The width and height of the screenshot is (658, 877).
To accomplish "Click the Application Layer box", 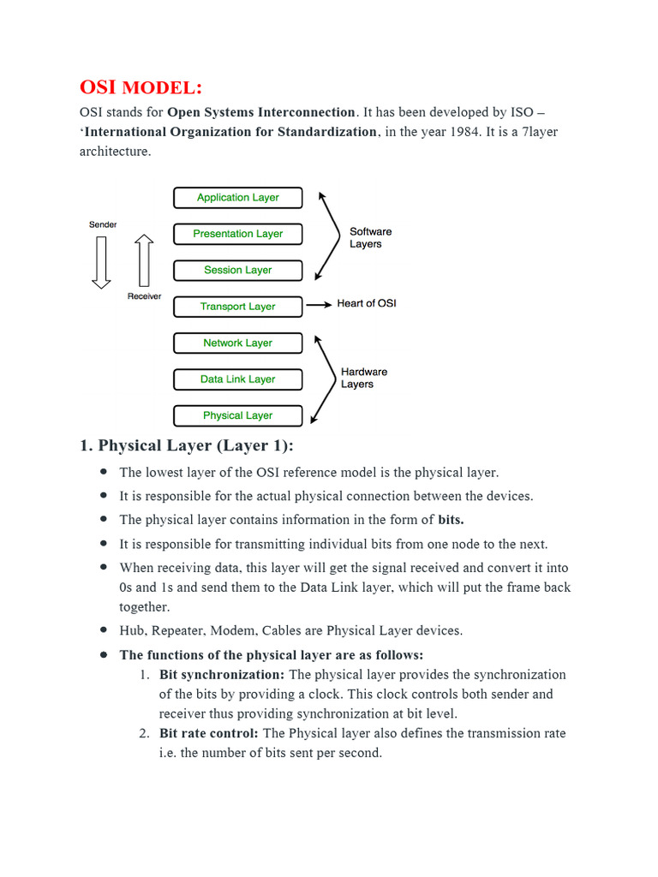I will [x=237, y=198].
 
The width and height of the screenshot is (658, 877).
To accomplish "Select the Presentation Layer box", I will [x=237, y=234].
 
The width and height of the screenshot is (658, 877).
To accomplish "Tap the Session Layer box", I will [x=237, y=271].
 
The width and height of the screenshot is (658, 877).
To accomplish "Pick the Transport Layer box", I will [x=237, y=307].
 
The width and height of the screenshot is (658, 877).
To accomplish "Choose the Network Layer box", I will [x=237, y=343].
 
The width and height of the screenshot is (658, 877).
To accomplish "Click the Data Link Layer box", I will [x=237, y=379].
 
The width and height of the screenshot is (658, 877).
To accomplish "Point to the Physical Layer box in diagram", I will [x=237, y=416].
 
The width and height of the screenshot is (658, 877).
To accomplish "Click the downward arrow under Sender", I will [x=102, y=262].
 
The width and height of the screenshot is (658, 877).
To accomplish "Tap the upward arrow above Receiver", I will [x=144, y=262].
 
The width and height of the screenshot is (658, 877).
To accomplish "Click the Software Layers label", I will [x=370, y=238].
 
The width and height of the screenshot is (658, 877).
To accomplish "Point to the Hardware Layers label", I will [x=364, y=378].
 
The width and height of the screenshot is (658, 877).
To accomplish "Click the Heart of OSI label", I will [x=367, y=304].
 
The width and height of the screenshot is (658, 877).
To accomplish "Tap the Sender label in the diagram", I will [x=103, y=224].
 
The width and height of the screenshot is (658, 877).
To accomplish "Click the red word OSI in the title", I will [x=99, y=87].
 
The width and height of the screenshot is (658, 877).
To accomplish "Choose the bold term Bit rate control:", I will [x=209, y=734].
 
